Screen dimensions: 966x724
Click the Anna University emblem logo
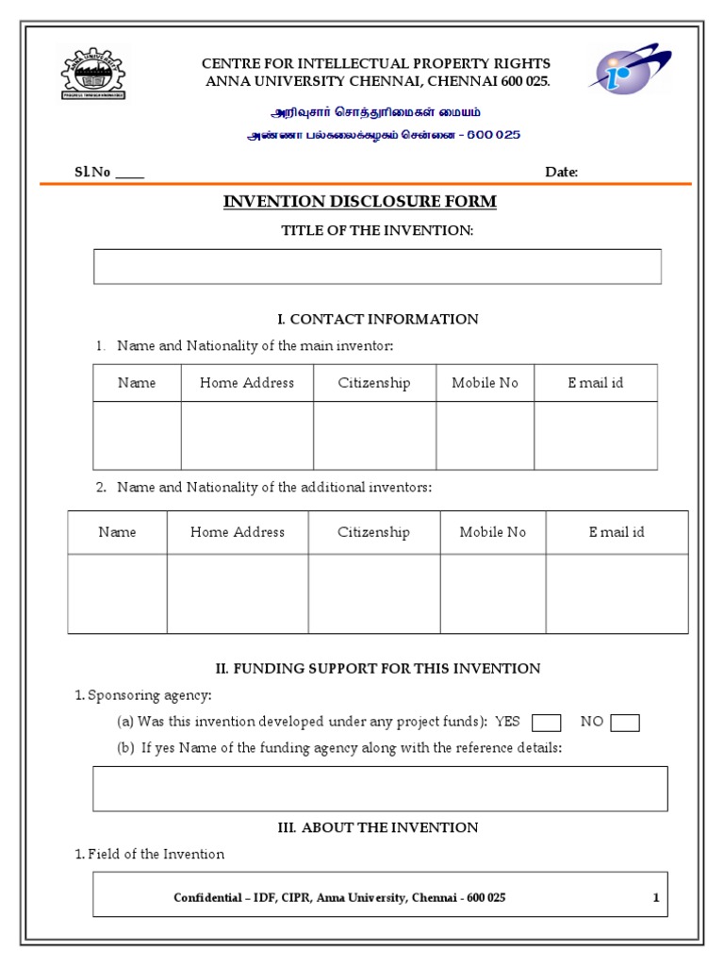(x=92, y=74)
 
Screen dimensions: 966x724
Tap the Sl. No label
(x=93, y=172)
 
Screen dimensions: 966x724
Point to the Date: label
(x=562, y=172)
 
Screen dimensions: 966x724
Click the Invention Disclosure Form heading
(x=359, y=202)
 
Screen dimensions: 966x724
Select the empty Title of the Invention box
(x=377, y=266)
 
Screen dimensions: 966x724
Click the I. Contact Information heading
(x=377, y=319)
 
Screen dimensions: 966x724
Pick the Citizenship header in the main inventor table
(x=374, y=383)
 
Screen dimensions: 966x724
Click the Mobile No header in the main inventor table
(x=485, y=383)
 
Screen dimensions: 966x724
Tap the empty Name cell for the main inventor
(x=137, y=436)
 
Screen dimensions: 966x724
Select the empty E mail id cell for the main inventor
(x=595, y=436)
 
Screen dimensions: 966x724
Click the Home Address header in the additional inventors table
(x=238, y=532)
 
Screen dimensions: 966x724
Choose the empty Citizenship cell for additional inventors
(x=374, y=593)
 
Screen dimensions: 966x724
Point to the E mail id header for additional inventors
(x=617, y=532)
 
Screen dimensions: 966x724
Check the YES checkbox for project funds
(x=547, y=724)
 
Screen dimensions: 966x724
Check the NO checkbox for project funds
(x=625, y=724)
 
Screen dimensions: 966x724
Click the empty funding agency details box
(x=380, y=789)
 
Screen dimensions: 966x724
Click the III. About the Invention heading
(x=377, y=827)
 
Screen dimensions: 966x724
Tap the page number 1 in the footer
(x=656, y=898)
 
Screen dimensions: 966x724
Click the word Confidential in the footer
(x=206, y=898)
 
